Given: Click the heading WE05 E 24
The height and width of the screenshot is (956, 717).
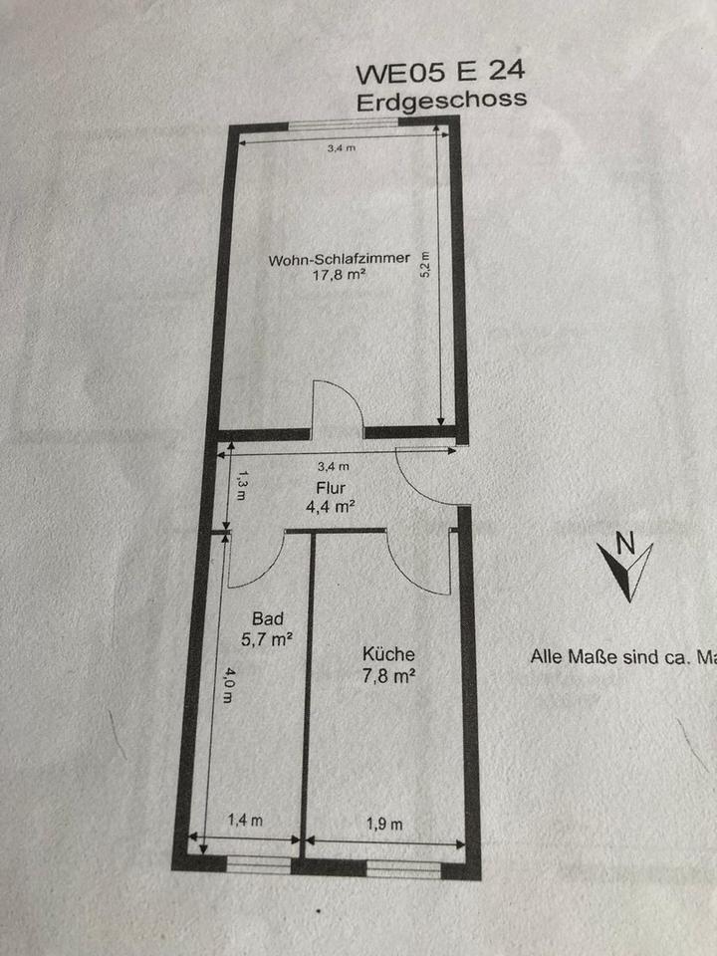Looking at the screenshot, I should click(439, 73).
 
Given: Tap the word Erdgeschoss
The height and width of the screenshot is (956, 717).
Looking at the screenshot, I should click(440, 100).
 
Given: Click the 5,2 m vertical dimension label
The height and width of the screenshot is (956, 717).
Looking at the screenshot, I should click(425, 264).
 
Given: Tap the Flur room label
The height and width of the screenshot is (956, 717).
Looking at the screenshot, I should click(331, 488).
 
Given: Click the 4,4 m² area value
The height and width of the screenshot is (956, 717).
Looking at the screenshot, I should click(332, 506).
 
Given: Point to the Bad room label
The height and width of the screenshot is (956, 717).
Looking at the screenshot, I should click(268, 618).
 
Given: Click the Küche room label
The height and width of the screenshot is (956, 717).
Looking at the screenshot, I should click(388, 655).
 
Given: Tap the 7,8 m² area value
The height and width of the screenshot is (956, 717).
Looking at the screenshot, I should click(388, 675).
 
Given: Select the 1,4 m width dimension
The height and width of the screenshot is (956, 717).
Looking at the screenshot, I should click(245, 821).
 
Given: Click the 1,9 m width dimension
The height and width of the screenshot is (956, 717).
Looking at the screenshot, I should click(383, 824).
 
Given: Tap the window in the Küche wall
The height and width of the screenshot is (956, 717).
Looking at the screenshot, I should click(402, 869).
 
